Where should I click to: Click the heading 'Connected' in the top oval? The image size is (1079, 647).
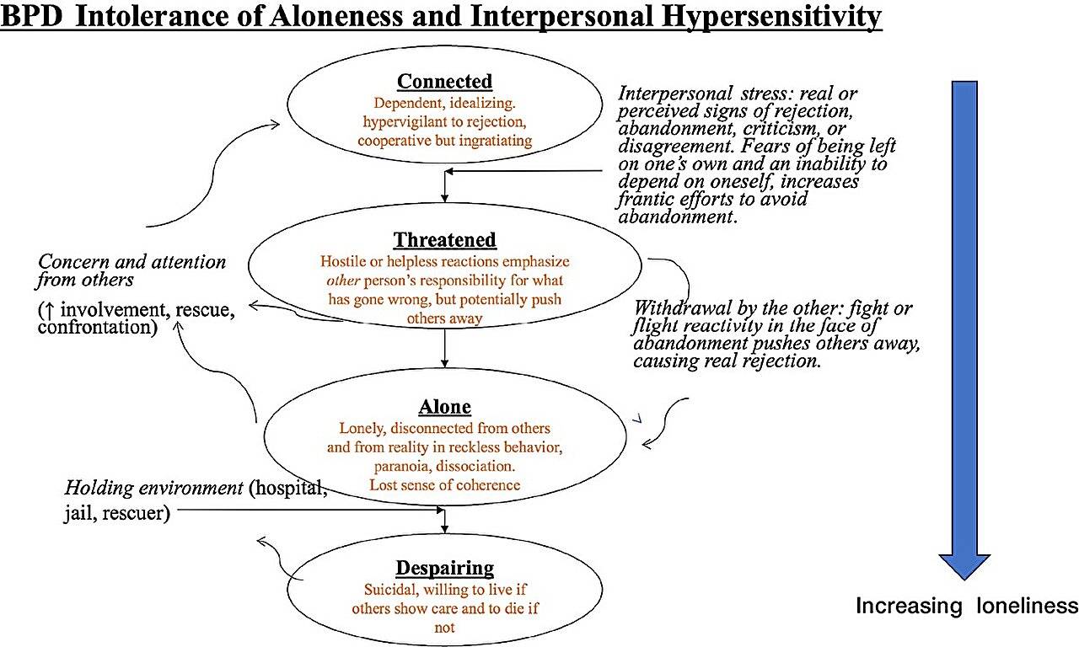click(x=444, y=82)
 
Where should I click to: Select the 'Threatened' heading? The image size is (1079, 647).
click(x=444, y=240)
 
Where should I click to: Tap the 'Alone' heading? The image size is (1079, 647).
click(x=444, y=407)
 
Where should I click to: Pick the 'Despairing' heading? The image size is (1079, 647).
click(x=444, y=568)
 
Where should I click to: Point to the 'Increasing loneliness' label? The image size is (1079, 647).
click(x=967, y=606)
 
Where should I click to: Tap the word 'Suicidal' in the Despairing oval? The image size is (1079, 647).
click(x=390, y=590)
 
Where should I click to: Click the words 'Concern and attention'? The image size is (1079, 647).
click(x=132, y=262)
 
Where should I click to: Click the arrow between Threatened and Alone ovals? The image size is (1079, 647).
click(x=445, y=347)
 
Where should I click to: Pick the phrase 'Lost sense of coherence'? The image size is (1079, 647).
click(x=444, y=484)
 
